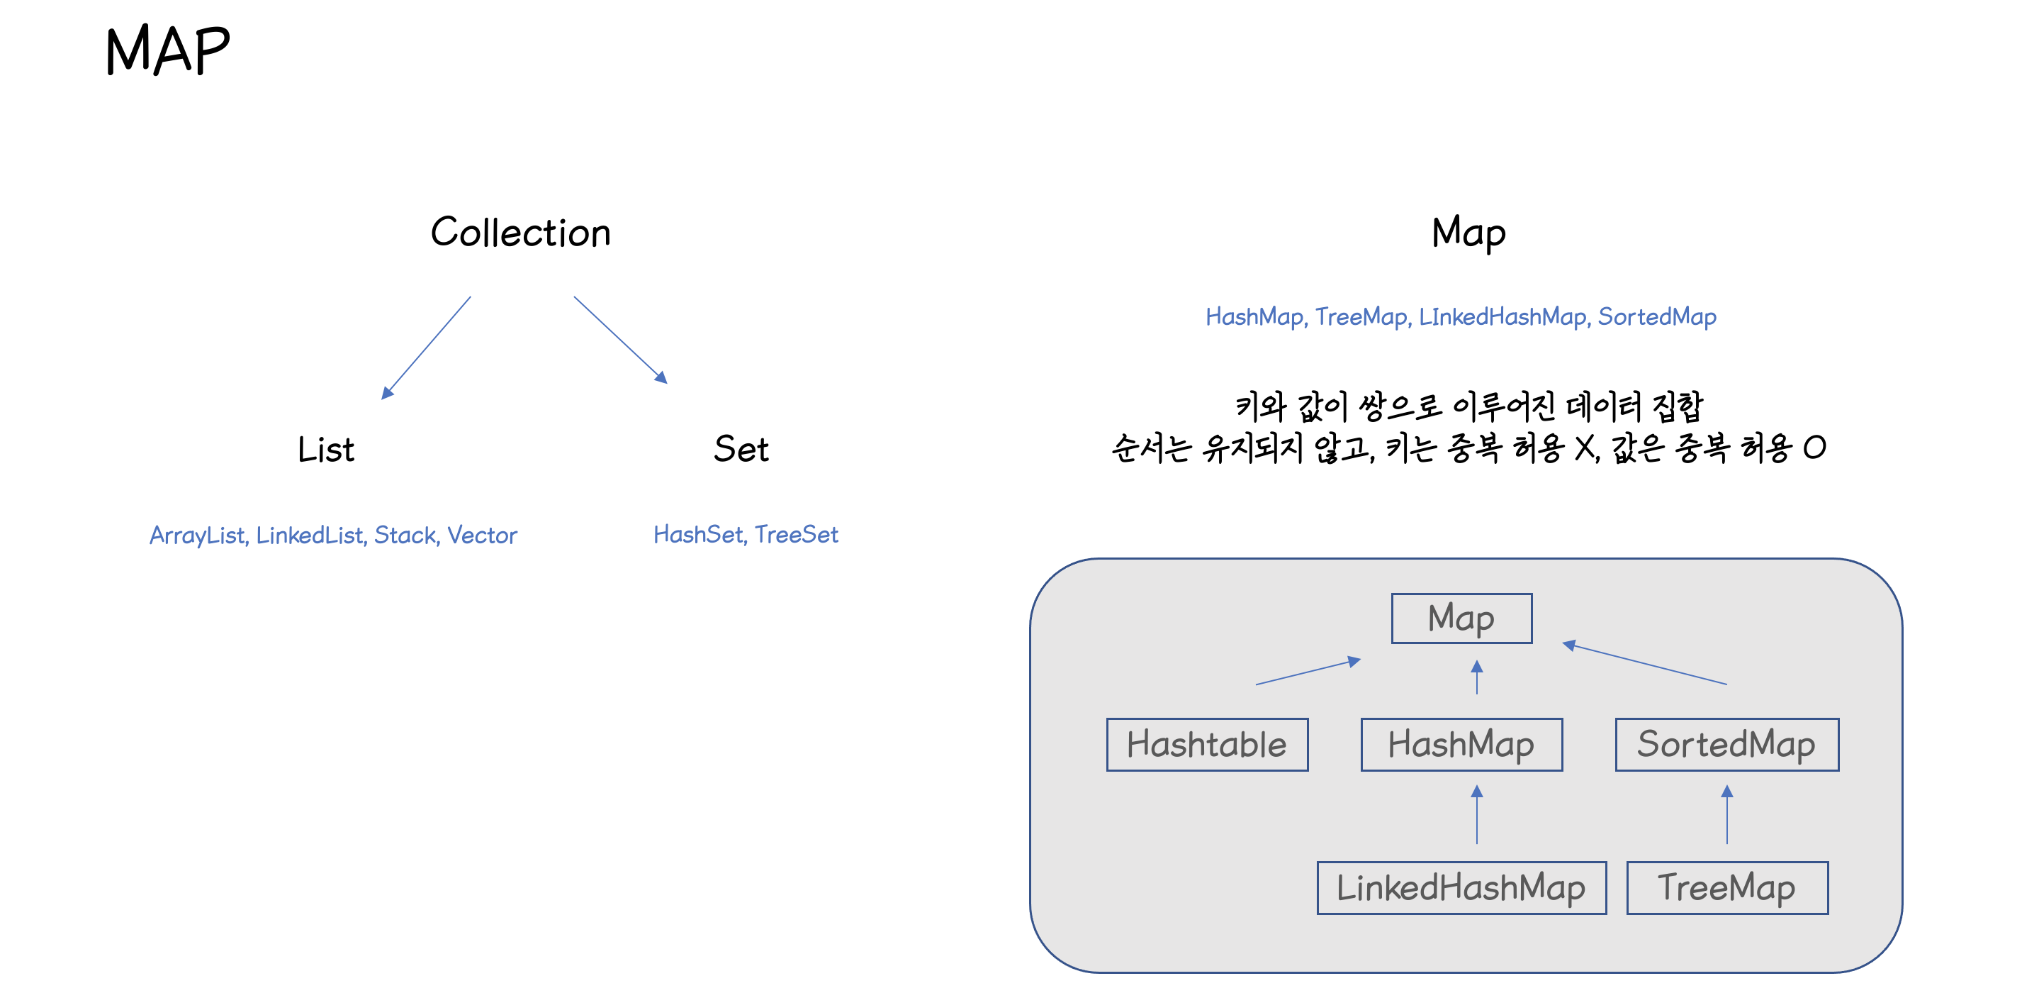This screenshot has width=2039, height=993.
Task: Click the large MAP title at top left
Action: pyautogui.click(x=167, y=50)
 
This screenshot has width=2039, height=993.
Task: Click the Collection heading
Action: pyautogui.click(x=520, y=233)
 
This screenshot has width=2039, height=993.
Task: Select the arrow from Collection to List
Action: pyautogui.click(x=426, y=348)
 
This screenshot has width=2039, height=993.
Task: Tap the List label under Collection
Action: pyautogui.click(x=325, y=450)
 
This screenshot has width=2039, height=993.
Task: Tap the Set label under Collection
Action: pyautogui.click(x=740, y=449)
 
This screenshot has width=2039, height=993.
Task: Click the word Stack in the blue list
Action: pyautogui.click(x=405, y=536)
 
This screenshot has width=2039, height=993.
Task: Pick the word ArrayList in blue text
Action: pyautogui.click(x=197, y=536)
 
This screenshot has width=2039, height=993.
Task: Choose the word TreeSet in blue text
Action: pyautogui.click(x=797, y=535)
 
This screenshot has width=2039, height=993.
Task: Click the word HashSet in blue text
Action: pyautogui.click(x=698, y=535)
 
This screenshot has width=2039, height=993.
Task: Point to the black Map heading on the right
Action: pyautogui.click(x=1468, y=233)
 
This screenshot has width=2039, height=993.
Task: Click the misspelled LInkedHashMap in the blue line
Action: pyautogui.click(x=1502, y=317)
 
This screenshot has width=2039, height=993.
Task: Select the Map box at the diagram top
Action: pyautogui.click(x=1461, y=618)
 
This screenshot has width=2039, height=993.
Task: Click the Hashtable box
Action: pyautogui.click(x=1206, y=744)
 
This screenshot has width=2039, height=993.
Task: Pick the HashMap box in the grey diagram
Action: pyautogui.click(x=1461, y=744)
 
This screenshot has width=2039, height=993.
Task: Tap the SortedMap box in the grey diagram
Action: pyautogui.click(x=1726, y=744)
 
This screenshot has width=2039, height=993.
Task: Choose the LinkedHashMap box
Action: pyautogui.click(x=1461, y=888)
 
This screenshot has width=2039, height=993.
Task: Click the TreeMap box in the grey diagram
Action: pyautogui.click(x=1726, y=888)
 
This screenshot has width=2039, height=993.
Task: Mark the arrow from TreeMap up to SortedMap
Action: pyautogui.click(x=1727, y=815)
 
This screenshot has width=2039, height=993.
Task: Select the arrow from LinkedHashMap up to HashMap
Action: pyautogui.click(x=1477, y=815)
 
